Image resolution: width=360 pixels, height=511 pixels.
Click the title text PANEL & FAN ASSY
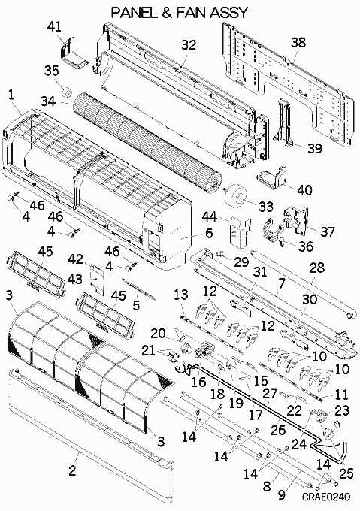coord(180,12)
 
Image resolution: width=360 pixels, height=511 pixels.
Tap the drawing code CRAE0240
coord(325,497)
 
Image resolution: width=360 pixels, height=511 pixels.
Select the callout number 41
coord(54,26)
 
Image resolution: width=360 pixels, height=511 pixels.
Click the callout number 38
coord(298,42)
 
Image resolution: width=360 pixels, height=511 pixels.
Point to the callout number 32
coord(189,44)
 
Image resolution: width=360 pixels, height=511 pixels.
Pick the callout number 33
coord(265,206)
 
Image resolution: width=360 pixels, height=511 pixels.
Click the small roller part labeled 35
coord(68,92)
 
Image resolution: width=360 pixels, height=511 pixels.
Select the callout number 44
coord(210,216)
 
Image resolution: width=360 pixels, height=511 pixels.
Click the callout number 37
coord(328,231)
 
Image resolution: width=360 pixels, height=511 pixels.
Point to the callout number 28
coord(317,268)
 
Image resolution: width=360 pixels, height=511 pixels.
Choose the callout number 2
coord(72,470)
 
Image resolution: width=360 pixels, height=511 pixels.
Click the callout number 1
coord(11,95)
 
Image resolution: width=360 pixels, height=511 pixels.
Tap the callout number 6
coord(209,233)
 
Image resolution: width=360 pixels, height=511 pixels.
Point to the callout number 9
coord(282,495)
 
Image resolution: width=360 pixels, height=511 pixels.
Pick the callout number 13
coord(181,295)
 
